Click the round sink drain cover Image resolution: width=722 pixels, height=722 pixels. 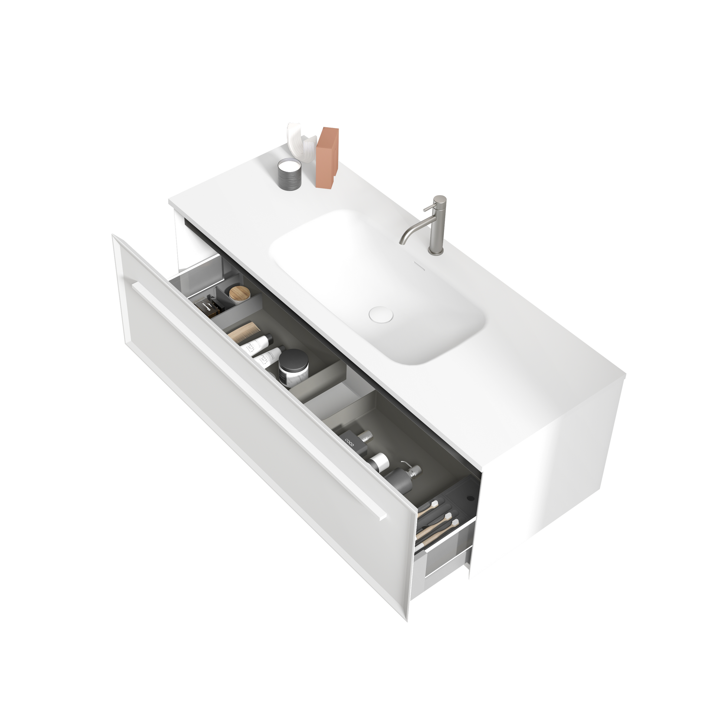click(381, 315)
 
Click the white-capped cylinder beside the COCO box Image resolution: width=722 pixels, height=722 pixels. click(380, 462)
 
